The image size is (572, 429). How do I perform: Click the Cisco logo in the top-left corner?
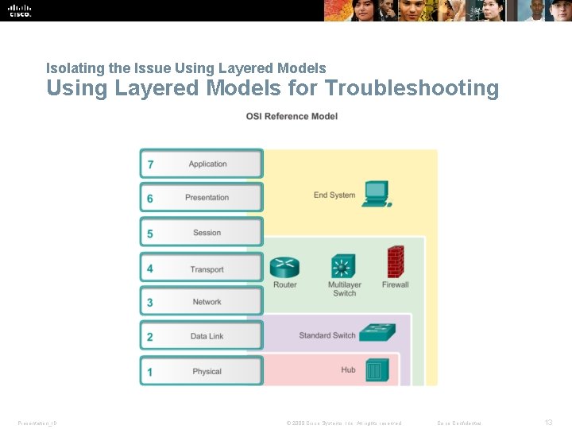pyautogui.click(x=20, y=10)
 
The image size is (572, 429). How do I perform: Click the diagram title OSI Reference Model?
pyautogui.click(x=292, y=117)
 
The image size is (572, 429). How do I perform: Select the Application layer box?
pyautogui.click(x=202, y=164)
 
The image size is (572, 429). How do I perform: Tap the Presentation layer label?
pyautogui.click(x=207, y=198)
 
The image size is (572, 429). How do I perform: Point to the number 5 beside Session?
pyautogui.click(x=150, y=234)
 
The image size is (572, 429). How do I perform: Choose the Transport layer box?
pyautogui.click(x=202, y=269)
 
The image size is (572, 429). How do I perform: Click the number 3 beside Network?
pyautogui.click(x=150, y=303)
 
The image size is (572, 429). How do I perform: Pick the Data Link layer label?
pyautogui.click(x=207, y=337)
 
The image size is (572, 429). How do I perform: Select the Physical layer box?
pyautogui.click(x=202, y=371)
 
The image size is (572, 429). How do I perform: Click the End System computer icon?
pyautogui.click(x=375, y=194)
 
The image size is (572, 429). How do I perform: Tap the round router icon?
pyautogui.click(x=284, y=266)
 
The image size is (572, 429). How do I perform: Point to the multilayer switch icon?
pyautogui.click(x=343, y=266)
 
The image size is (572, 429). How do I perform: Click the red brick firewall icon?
pyautogui.click(x=395, y=261)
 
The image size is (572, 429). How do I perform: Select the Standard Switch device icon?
pyautogui.click(x=377, y=332)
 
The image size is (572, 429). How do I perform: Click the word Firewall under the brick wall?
pyautogui.click(x=395, y=284)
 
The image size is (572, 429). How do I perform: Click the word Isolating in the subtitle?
pyautogui.click(x=69, y=68)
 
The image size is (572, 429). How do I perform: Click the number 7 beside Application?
pyautogui.click(x=150, y=165)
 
